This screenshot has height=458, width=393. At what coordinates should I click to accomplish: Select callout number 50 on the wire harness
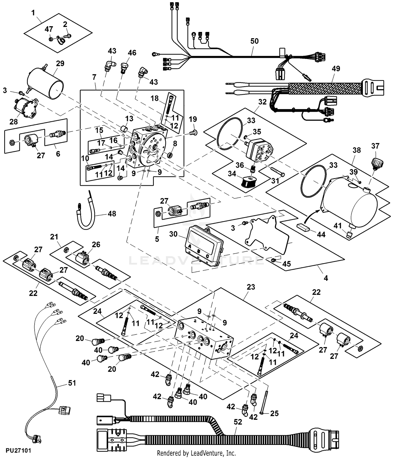[x=254, y=41]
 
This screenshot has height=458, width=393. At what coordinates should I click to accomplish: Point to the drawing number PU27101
[x=18, y=450]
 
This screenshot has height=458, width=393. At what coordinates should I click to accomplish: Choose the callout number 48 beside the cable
[x=112, y=214]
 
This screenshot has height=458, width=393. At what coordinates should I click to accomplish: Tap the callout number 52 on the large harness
[x=238, y=422]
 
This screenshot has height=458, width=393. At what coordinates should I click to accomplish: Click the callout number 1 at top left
[x=33, y=13]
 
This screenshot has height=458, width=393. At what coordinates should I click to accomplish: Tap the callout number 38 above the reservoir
[x=357, y=150]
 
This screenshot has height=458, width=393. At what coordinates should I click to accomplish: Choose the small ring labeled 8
[x=170, y=155]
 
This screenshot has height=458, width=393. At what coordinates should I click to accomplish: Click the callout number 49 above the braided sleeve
[x=336, y=69]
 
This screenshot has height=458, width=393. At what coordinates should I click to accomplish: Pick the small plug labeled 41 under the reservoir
[x=349, y=235]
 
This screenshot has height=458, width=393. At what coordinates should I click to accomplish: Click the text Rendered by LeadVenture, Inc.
[x=196, y=453]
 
